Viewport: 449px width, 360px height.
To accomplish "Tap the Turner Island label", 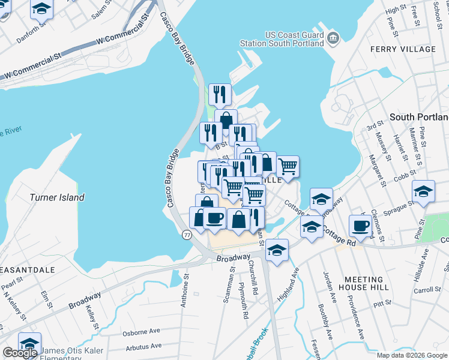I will tap(57, 197).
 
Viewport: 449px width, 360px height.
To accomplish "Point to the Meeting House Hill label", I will tap(364, 283).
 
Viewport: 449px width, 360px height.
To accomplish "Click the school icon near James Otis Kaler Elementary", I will tap(29, 343).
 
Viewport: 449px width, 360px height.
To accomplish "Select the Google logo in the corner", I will tap(20, 353).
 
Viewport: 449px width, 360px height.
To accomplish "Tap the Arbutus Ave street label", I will tap(143, 346).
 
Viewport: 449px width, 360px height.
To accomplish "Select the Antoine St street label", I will tap(185, 291).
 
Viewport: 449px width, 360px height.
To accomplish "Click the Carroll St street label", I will tap(427, 290).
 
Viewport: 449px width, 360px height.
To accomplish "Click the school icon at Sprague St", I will tap(424, 192).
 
